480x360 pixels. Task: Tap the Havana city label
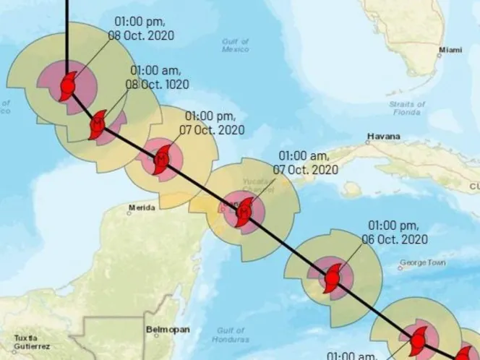click(383, 136)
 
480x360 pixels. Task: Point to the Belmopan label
click(168, 330)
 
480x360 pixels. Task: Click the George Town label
click(422, 262)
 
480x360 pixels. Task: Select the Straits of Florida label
click(407, 108)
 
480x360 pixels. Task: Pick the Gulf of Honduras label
click(232, 334)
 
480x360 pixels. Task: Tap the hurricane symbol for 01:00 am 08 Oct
click(98, 125)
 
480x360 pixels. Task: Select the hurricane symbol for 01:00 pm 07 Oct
click(162, 158)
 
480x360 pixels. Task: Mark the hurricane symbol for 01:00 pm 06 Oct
click(332, 278)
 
